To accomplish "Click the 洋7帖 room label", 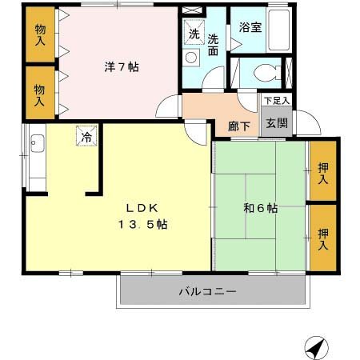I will click(121, 67).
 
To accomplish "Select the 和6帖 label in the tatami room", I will click(260, 208).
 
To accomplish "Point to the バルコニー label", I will click(207, 292).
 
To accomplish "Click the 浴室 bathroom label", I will click(250, 26).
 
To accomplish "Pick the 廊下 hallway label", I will click(238, 126).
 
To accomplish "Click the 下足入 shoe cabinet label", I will click(277, 101).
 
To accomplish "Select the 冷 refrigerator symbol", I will click(86, 137).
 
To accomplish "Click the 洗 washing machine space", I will click(194, 34).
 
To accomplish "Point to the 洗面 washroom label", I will click(214, 44).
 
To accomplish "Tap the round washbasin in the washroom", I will click(191, 58).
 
